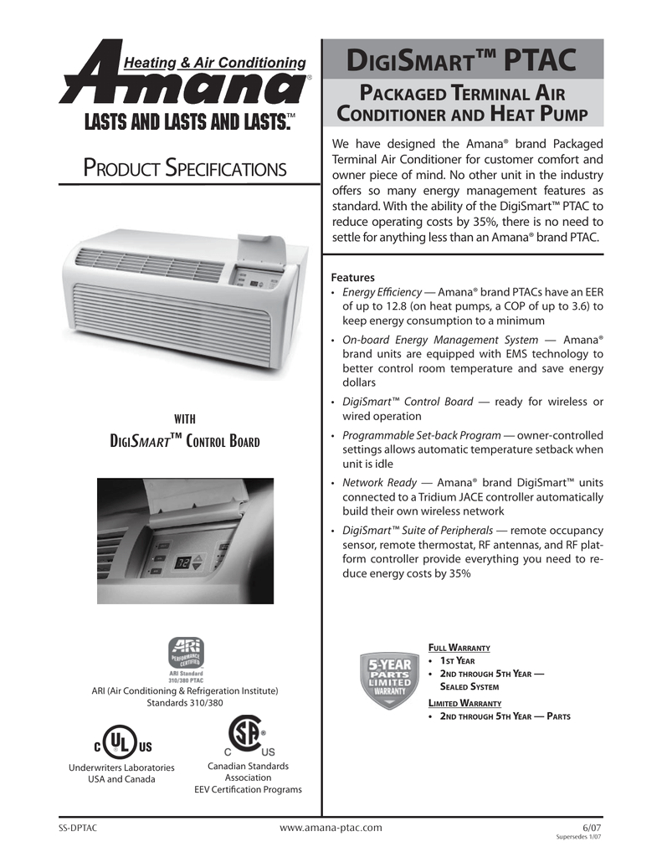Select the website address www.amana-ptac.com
pos(330,828)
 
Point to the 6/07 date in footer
pos(592,827)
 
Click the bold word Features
pos(353,277)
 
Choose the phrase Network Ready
pos(376,484)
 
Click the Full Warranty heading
pos(459,648)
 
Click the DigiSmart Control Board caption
pos(185,440)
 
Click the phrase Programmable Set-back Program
pos(419,435)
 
